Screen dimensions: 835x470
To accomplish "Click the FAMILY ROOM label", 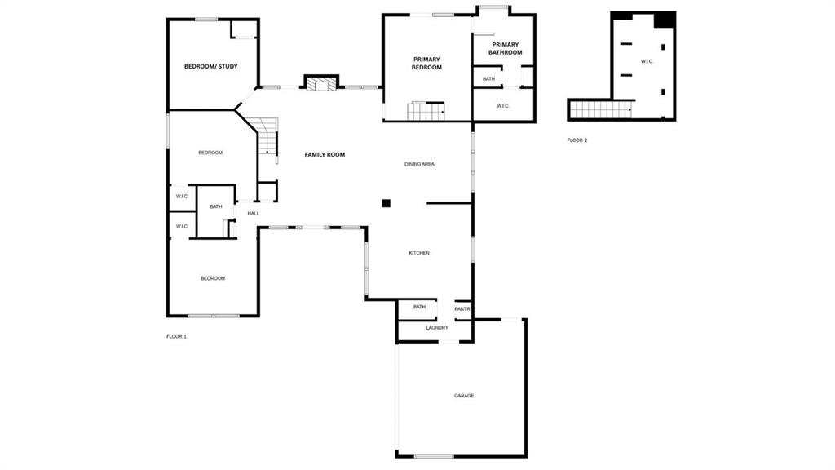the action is coord(325,154).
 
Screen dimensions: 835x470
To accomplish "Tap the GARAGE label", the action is coord(464,396).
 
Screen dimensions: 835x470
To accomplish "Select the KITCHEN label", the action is coord(419,253).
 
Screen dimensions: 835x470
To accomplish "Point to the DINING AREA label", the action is coord(420,164).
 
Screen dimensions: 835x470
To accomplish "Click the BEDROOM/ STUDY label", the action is coord(211,67).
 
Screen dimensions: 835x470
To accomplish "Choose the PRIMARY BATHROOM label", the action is coord(506,48).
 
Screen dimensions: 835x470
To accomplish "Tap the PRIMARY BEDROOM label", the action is coord(426,64).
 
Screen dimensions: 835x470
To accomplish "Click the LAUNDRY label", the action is coord(437,328).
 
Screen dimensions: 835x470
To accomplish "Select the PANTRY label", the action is coord(463,309).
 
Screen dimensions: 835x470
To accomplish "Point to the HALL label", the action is coord(254,214).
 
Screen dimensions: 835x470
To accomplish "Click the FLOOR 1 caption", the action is coord(177,337).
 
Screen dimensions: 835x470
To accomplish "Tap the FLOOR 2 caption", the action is coord(577,140).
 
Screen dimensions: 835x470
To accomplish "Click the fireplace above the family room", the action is coord(321,84).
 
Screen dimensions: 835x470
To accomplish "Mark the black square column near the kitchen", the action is coord(386,203).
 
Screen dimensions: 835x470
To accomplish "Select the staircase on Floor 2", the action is coord(600,110).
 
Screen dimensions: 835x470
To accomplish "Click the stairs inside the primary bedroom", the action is coord(426,111).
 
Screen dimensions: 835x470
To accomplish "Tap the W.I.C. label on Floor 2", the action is coord(647,62).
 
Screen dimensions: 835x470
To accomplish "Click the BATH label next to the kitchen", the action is coord(420,307).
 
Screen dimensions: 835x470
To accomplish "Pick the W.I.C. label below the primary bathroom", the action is coord(503,106).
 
